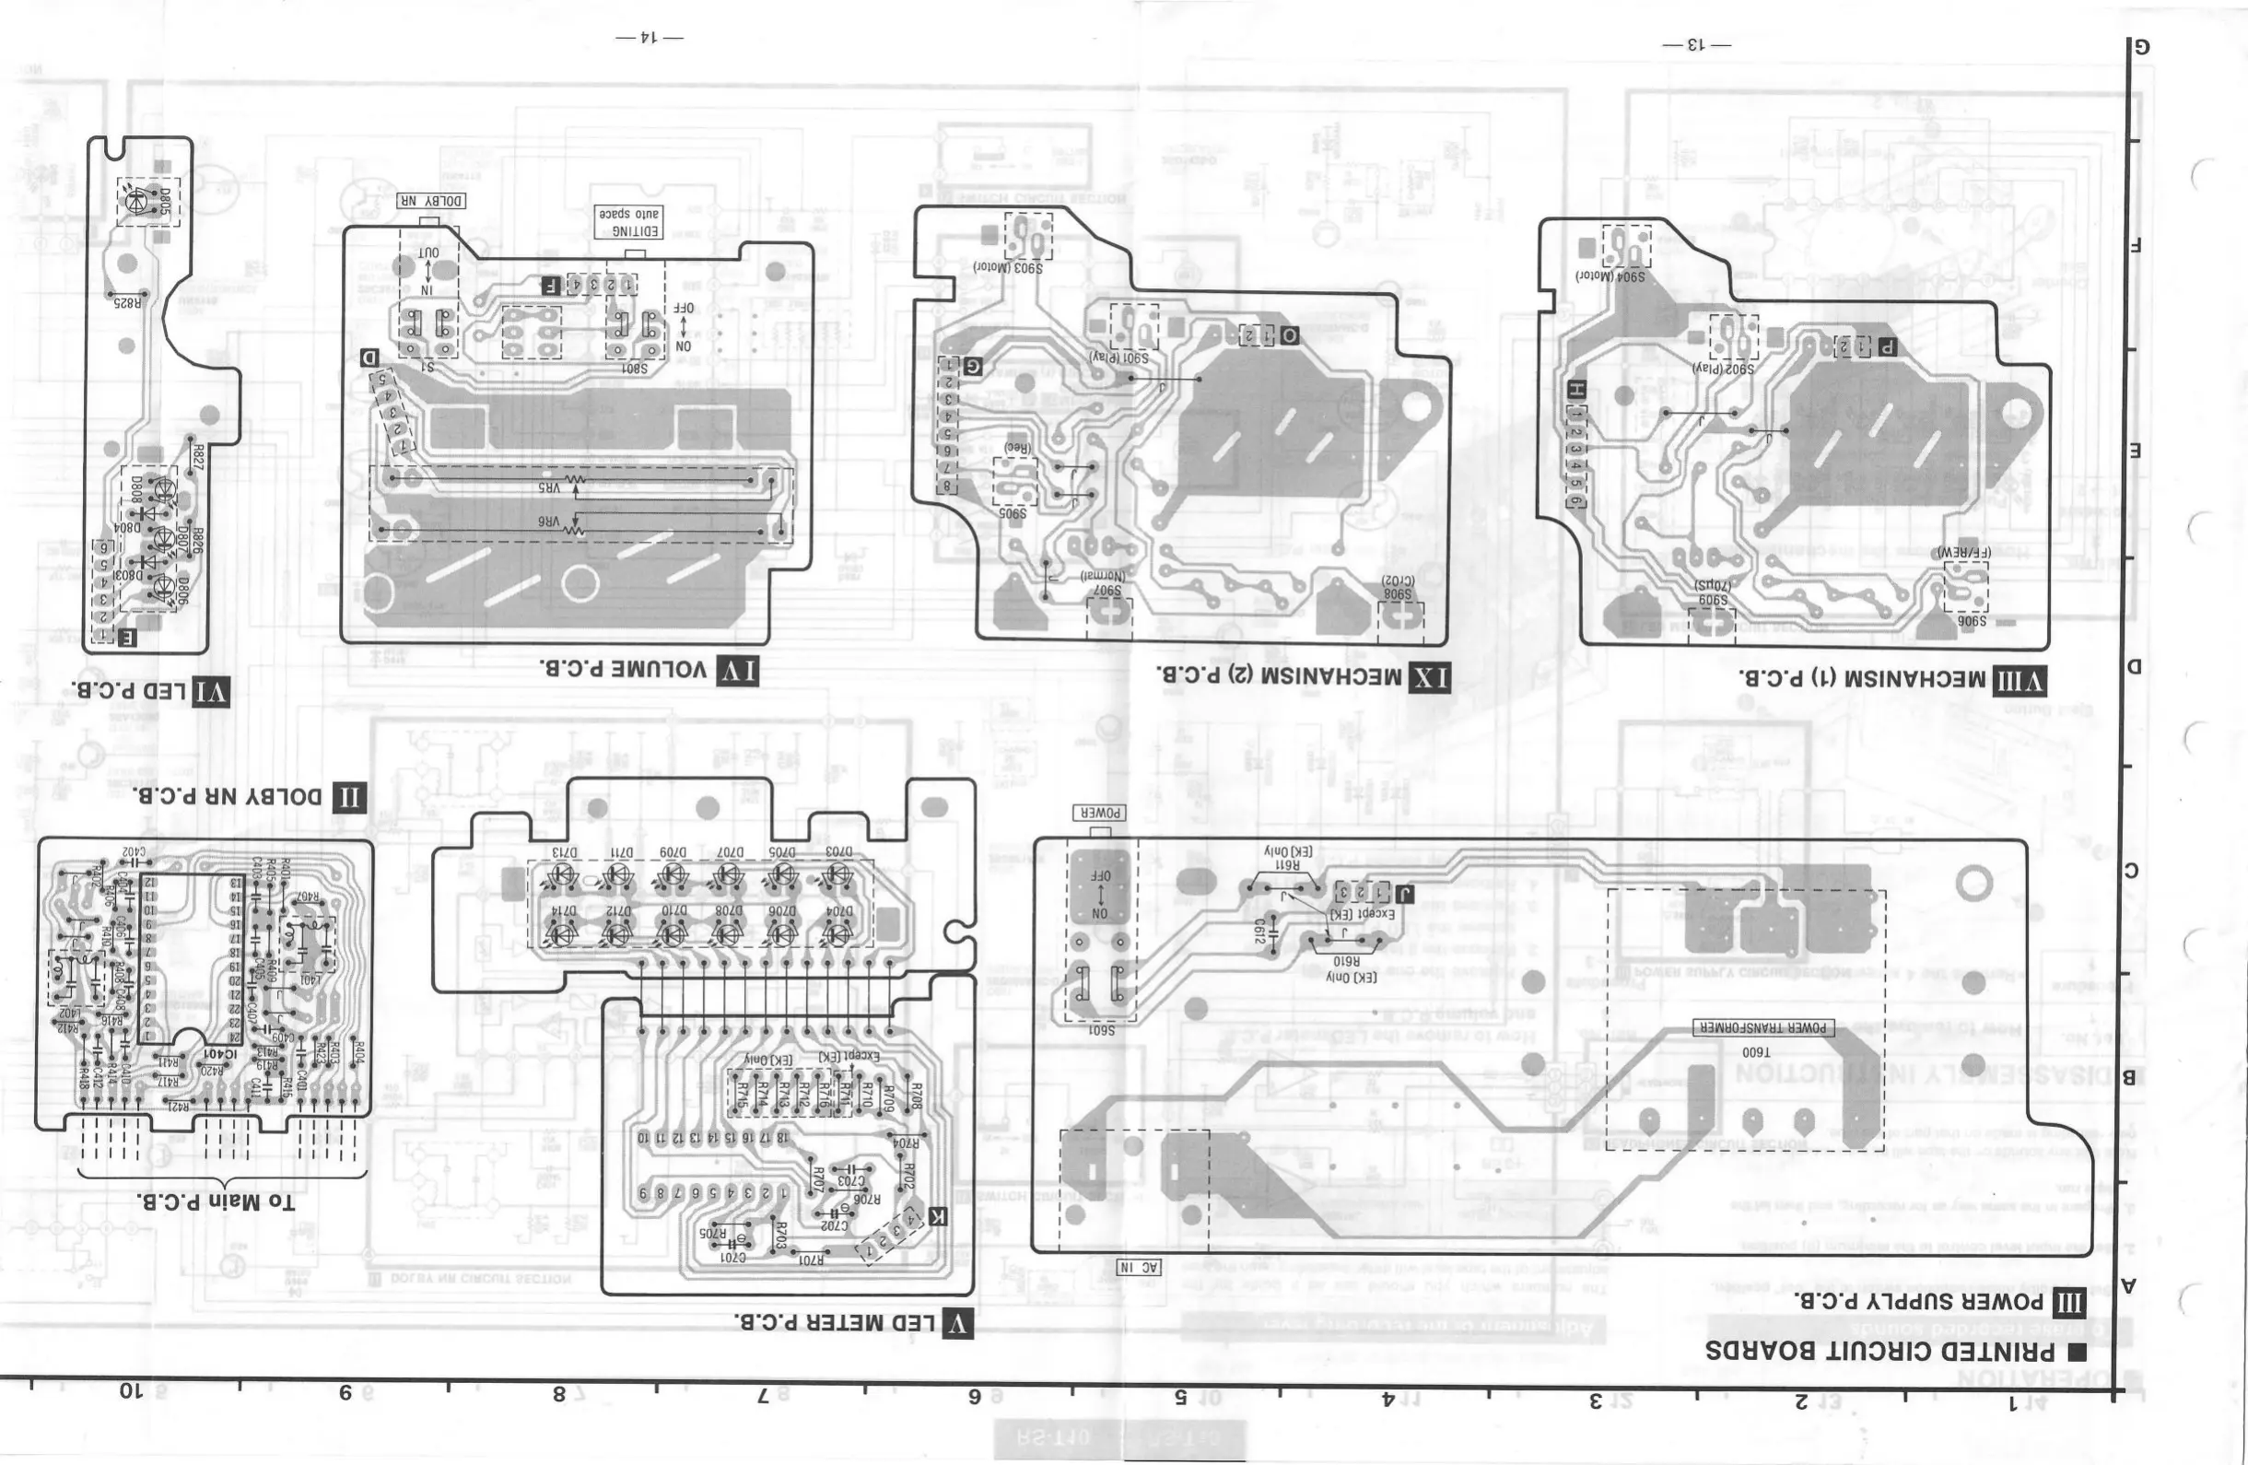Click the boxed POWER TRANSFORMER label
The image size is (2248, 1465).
click(x=1762, y=1027)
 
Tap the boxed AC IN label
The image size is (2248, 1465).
click(x=1139, y=1268)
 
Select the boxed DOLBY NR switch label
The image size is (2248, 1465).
click(x=430, y=201)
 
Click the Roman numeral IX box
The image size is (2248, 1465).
click(x=1429, y=676)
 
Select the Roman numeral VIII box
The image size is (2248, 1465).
click(x=2019, y=680)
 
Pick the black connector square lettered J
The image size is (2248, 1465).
click(x=1404, y=893)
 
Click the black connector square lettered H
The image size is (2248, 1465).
click(x=1575, y=389)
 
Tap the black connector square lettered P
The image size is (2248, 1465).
click(x=1886, y=346)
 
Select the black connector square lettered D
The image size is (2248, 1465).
click(x=369, y=359)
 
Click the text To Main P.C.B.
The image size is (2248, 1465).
click(x=216, y=1201)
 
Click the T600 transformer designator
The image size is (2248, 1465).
click(x=1755, y=1051)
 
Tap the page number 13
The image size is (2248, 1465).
click(x=1696, y=44)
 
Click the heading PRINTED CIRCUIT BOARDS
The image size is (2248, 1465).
click(x=1879, y=1351)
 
